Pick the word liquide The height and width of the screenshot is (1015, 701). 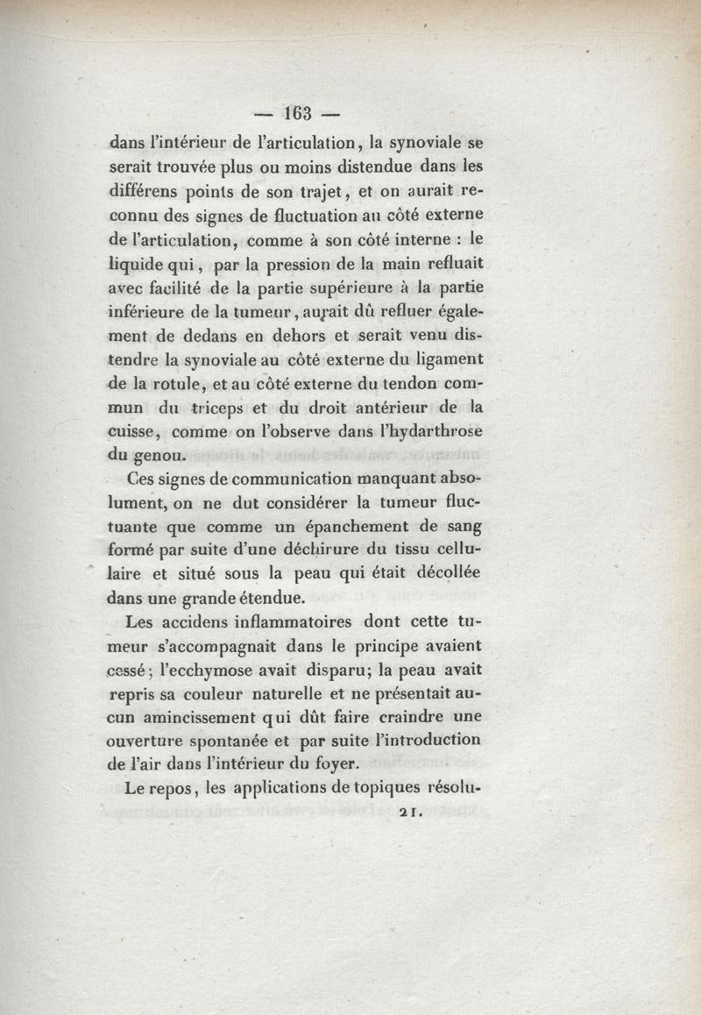click(141, 264)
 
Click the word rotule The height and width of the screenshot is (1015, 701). click(176, 382)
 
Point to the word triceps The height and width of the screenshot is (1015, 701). click(218, 406)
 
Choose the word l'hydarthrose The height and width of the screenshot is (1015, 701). click(424, 430)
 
